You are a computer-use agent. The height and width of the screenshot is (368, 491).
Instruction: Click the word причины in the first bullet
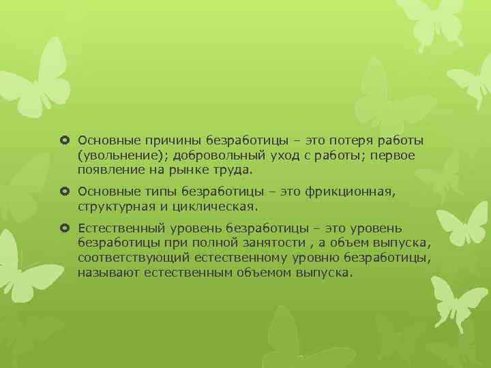pyautogui.click(x=159, y=140)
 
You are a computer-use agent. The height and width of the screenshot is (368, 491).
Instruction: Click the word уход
pyautogui.click(x=279, y=155)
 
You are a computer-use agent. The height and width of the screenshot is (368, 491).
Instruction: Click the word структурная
pyautogui.click(x=113, y=205)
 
